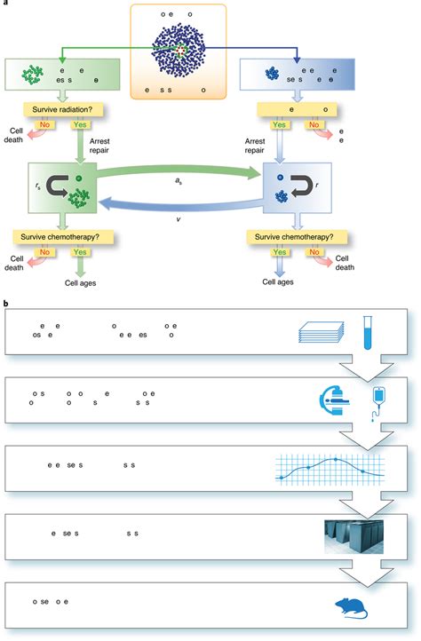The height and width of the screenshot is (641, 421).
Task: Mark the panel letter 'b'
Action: click(x=7, y=305)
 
